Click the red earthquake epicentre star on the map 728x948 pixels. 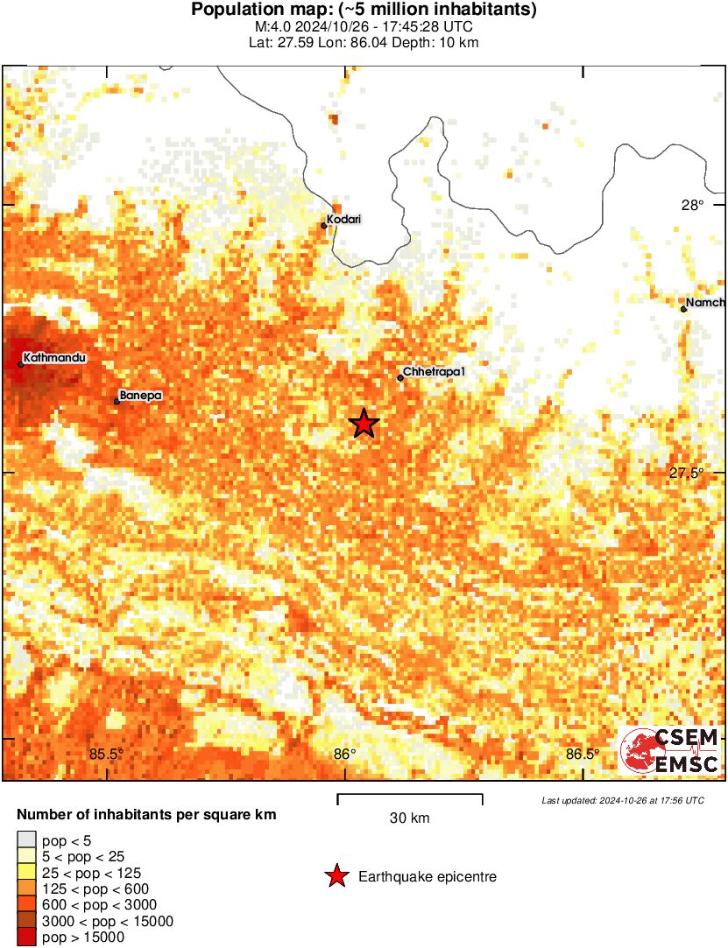tap(364, 424)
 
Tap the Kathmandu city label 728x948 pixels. tap(55, 357)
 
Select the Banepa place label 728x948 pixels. tap(141, 396)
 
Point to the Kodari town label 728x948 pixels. tap(344, 219)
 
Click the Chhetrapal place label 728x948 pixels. tap(434, 372)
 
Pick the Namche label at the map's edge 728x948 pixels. tap(705, 303)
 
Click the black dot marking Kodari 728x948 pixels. tap(323, 226)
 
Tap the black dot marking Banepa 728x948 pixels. tap(117, 402)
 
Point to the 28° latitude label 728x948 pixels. tap(693, 206)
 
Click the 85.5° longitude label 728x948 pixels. tap(108, 754)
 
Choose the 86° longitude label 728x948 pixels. tap(345, 754)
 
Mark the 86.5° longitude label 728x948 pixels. tap(583, 754)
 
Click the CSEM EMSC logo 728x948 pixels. tap(670, 750)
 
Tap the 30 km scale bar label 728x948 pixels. tap(410, 818)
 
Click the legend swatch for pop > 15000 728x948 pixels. tap(27, 937)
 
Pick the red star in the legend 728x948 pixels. tap(336, 875)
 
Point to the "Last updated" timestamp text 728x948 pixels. tap(623, 800)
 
